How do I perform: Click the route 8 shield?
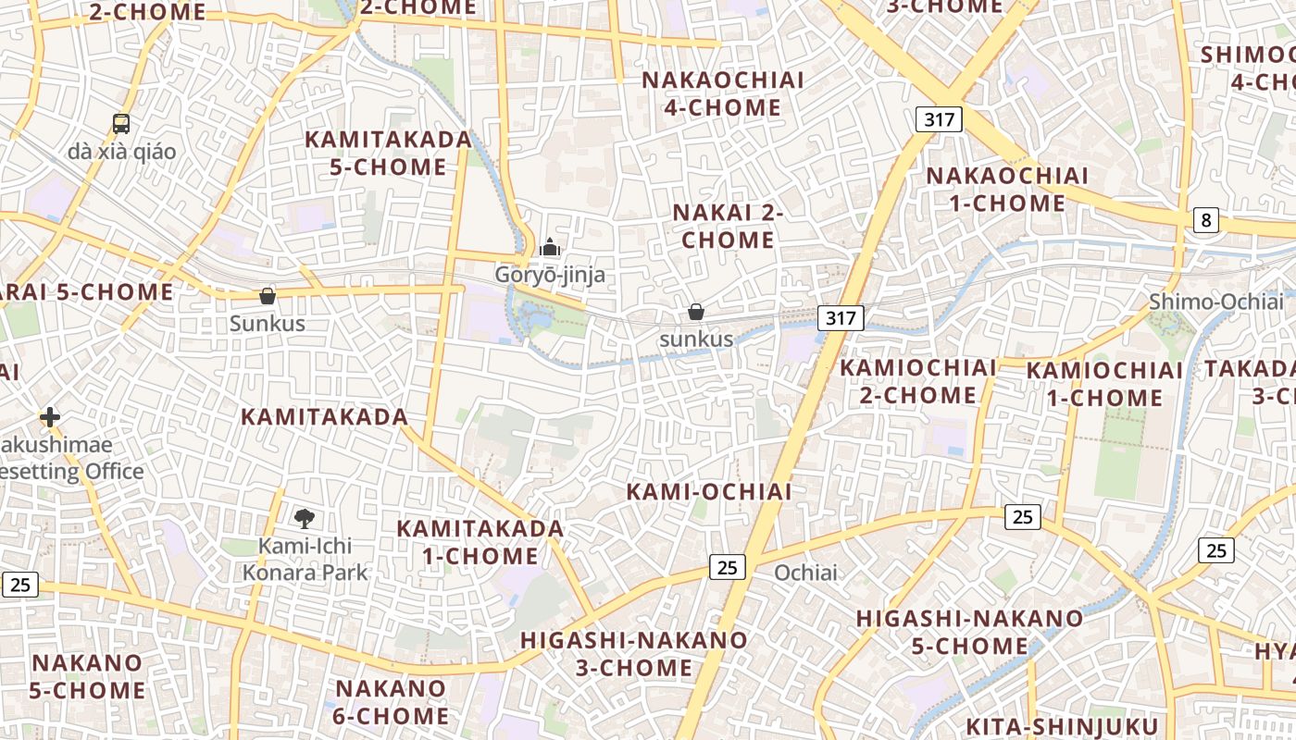coord(1205,220)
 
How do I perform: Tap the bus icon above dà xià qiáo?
coord(121,124)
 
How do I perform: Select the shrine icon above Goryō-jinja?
coord(550,248)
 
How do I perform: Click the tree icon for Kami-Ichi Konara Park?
coord(304,518)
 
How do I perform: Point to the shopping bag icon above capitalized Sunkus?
coord(268,296)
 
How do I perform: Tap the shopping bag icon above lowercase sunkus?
coord(696,313)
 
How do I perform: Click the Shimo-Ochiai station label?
coord(1216,302)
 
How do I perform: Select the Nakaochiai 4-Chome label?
coord(723,93)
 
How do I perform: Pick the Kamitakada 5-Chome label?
coord(389,154)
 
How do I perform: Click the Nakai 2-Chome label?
coord(728,226)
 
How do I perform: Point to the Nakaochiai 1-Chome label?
coord(1007,190)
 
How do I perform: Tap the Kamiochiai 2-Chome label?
coord(918,381)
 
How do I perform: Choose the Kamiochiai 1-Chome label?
coord(1104,384)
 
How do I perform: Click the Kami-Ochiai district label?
coord(709,491)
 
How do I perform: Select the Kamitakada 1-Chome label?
coord(480,542)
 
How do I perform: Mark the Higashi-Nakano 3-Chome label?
coord(633,653)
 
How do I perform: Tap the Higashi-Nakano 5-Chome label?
coord(969,632)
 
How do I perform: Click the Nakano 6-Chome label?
coord(392,702)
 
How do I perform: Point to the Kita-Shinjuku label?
coord(1062,726)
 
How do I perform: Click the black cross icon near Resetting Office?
coord(50,418)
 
